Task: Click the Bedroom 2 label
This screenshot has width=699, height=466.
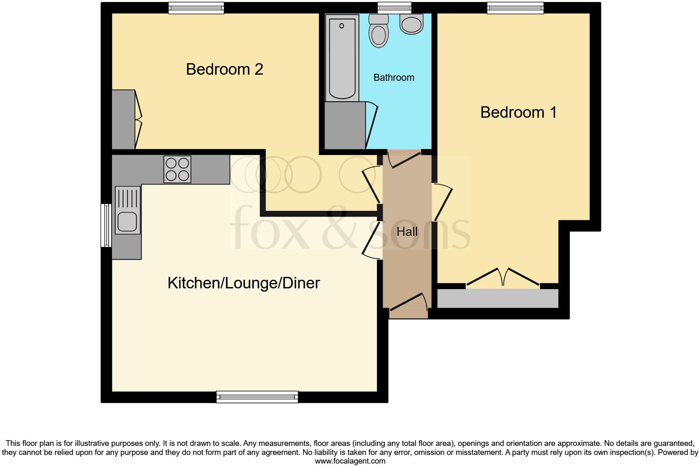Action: pyautogui.click(x=224, y=69)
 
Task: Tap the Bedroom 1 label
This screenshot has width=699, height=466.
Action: pyautogui.click(x=518, y=112)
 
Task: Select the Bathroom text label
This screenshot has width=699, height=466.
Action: pyautogui.click(x=393, y=78)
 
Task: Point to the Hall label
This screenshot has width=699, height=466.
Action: pyautogui.click(x=407, y=232)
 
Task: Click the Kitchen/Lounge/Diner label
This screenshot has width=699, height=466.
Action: pyautogui.click(x=244, y=283)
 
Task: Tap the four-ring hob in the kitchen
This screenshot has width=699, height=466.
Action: pyautogui.click(x=177, y=169)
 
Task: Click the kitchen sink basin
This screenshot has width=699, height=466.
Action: pyautogui.click(x=127, y=222)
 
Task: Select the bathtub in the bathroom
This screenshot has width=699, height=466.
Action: pyautogui.click(x=342, y=57)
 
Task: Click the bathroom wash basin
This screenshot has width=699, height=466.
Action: pyautogui.click(x=411, y=24)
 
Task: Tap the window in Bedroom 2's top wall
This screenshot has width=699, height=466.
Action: pyautogui.click(x=196, y=7)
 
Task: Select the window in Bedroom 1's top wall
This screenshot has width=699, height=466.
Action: pyautogui.click(x=515, y=7)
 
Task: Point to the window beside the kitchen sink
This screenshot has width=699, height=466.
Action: pyautogui.click(x=106, y=225)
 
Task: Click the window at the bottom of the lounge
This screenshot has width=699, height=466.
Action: pyautogui.click(x=257, y=396)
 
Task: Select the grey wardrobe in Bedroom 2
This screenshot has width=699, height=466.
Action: pyautogui.click(x=123, y=119)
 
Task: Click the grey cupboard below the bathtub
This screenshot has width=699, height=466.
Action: pyautogui.click(x=345, y=126)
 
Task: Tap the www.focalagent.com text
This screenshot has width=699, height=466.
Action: pyautogui.click(x=350, y=461)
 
